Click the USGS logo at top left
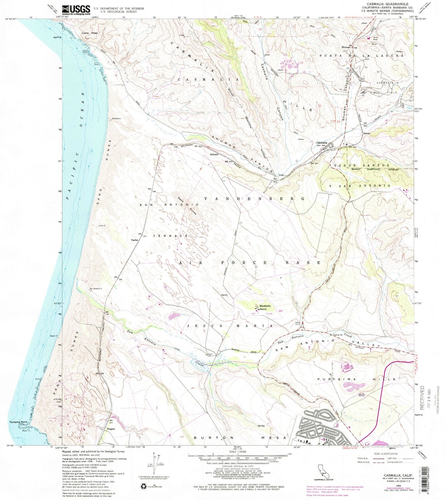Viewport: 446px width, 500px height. [x=76, y=10]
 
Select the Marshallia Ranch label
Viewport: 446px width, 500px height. [x=265, y=307]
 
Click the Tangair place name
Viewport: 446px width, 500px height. [x=110, y=429]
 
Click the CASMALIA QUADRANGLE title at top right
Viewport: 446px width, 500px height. [x=387, y=4]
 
